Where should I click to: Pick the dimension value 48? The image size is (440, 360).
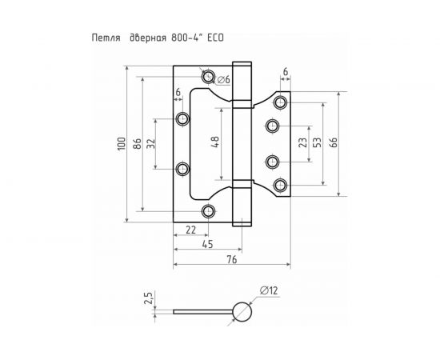(214, 145)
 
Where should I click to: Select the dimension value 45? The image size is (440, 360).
(207, 245)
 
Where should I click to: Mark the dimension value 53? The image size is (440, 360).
(318, 143)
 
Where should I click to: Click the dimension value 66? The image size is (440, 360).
(334, 143)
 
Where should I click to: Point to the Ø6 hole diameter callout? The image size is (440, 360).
(224, 79)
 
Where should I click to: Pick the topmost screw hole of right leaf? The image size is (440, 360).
(280, 103)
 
